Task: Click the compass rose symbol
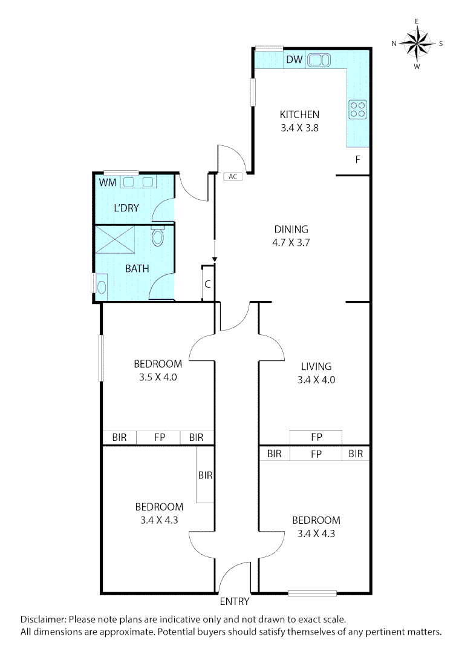[x=417, y=43]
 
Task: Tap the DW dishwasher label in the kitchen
[x=294, y=59]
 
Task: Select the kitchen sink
[x=318, y=60]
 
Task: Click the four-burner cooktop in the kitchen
[x=357, y=108]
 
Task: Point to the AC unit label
[x=232, y=177]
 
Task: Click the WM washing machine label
[x=107, y=182]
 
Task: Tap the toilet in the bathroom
[x=158, y=236]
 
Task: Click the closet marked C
[x=207, y=282]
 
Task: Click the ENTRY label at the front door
[x=234, y=602]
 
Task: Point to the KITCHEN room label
[x=299, y=114]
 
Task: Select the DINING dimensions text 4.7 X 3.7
[x=291, y=242]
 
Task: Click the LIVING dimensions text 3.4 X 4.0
[x=316, y=380]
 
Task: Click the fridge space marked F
[x=357, y=160]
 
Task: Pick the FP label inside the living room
[x=316, y=437]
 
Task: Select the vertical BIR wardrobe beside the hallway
[x=205, y=475]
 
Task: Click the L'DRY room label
[x=126, y=208]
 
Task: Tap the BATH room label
[x=137, y=269]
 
